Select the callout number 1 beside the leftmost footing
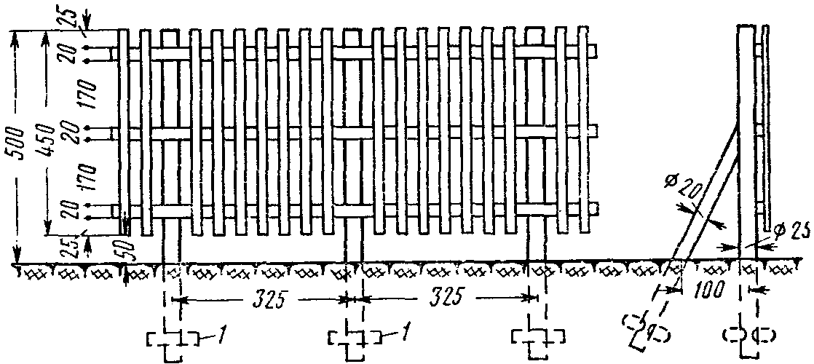(x=218, y=336)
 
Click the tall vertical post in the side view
(x=748, y=138)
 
